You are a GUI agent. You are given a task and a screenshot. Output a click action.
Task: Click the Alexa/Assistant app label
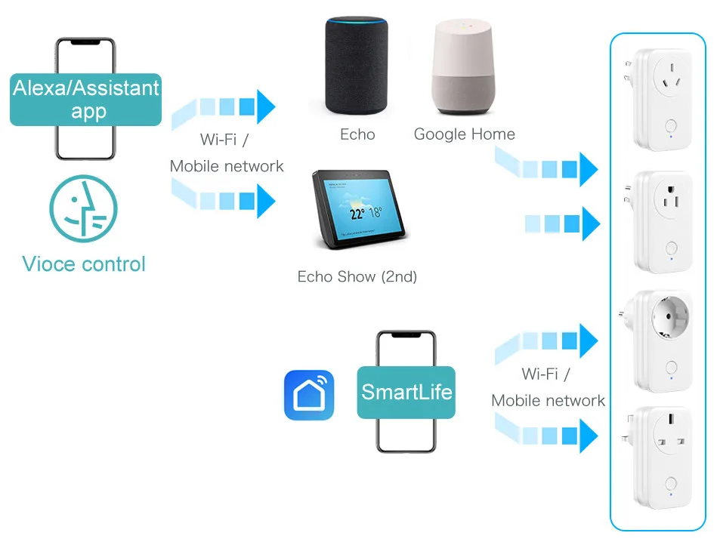click(x=85, y=100)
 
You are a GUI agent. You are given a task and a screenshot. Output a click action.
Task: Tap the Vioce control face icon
click(x=83, y=209)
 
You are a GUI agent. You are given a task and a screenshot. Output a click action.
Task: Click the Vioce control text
click(x=83, y=264)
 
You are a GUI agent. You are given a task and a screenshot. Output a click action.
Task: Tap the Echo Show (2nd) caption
click(x=357, y=277)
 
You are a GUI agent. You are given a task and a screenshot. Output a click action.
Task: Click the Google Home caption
click(x=464, y=134)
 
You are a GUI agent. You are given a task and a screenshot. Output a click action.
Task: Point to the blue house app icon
click(x=308, y=394)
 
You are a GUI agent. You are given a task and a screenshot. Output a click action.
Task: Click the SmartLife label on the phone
click(x=406, y=392)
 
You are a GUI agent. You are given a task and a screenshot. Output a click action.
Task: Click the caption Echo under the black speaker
click(x=357, y=134)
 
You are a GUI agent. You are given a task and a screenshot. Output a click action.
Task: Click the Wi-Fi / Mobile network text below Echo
click(x=226, y=153)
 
